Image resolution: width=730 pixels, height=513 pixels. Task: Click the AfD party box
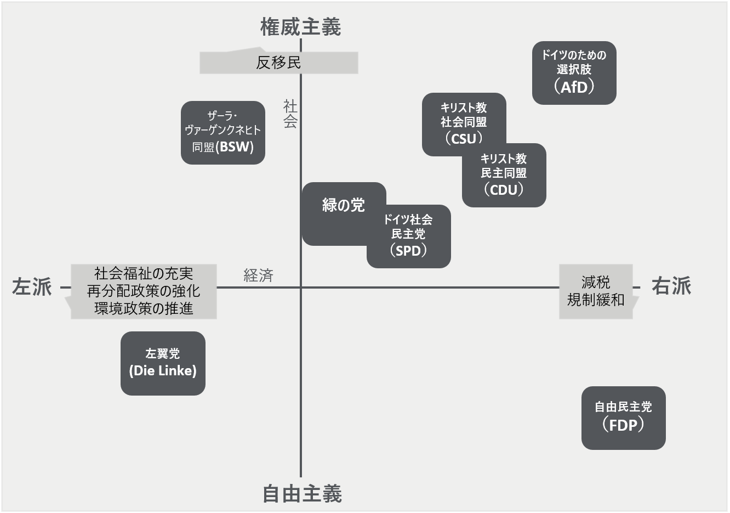click(574, 73)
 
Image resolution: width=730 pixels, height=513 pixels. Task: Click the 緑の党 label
click(343, 205)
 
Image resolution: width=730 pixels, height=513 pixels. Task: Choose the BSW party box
click(223, 133)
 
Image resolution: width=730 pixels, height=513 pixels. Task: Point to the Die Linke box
click(163, 363)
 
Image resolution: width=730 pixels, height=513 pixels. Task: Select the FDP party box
click(623, 418)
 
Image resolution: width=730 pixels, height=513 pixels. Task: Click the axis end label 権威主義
click(300, 27)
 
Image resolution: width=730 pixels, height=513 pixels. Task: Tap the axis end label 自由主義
click(302, 494)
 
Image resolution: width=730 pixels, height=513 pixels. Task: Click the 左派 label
click(32, 287)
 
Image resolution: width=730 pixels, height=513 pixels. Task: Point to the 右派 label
click(671, 286)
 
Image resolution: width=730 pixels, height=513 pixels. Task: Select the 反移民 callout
click(278, 63)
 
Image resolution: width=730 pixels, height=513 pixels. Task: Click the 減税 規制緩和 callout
click(596, 291)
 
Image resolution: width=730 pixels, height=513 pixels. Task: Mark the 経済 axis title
click(258, 275)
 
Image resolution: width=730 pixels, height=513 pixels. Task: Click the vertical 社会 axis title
click(290, 114)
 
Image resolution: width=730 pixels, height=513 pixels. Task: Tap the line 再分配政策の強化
click(144, 291)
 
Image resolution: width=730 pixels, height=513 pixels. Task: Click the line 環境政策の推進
click(144, 309)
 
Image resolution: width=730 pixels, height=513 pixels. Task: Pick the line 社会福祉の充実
click(144, 273)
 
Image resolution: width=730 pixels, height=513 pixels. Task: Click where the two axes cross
click(301, 287)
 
